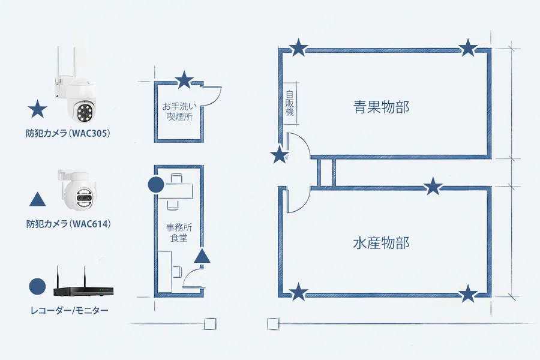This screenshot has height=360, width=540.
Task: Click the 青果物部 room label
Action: click(381, 107)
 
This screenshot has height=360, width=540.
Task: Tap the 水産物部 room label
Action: click(381, 244)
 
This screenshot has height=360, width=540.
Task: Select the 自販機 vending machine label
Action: click(290, 104)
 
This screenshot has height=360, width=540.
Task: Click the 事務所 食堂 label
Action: click(178, 233)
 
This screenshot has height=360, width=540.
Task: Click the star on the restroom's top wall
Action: click(184, 79)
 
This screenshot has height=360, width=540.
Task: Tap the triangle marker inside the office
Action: click(203, 256)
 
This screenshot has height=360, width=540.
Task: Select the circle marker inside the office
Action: click(156, 185)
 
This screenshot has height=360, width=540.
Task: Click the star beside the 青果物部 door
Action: click(279, 155)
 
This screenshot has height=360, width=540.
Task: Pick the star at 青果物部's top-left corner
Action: click(299, 47)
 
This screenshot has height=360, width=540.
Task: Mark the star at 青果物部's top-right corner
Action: click(469, 47)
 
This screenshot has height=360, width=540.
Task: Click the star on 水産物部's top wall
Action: click(433, 187)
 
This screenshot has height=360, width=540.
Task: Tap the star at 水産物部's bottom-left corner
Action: click(299, 293)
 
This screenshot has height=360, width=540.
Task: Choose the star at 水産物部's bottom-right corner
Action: click(469, 293)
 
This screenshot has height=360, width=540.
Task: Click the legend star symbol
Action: click(38, 109)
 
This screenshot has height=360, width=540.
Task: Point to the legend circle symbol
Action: click(38, 286)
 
